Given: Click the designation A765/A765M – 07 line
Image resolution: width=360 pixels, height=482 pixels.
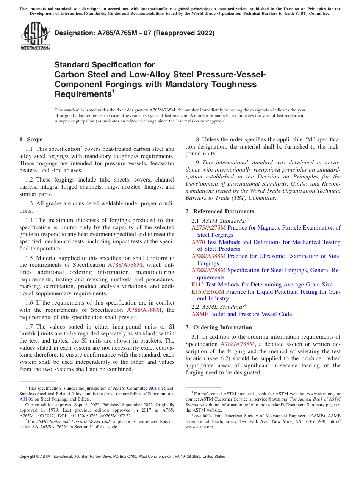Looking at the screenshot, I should point(135,33).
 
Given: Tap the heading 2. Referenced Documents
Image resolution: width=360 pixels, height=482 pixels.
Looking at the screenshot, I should point(220,211).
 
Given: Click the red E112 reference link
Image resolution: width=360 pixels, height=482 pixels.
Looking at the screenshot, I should point(197,285).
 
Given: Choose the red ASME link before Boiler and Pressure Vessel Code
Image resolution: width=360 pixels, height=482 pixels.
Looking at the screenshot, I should point(200,314).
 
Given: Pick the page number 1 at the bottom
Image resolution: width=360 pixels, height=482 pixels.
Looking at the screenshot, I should point(180,465).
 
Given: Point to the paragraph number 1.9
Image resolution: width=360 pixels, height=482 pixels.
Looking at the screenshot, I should point(196,163).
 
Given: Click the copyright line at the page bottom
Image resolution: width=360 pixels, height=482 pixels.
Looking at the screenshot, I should point(122,457).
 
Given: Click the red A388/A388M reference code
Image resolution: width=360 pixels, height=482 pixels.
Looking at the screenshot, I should point(208,256).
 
